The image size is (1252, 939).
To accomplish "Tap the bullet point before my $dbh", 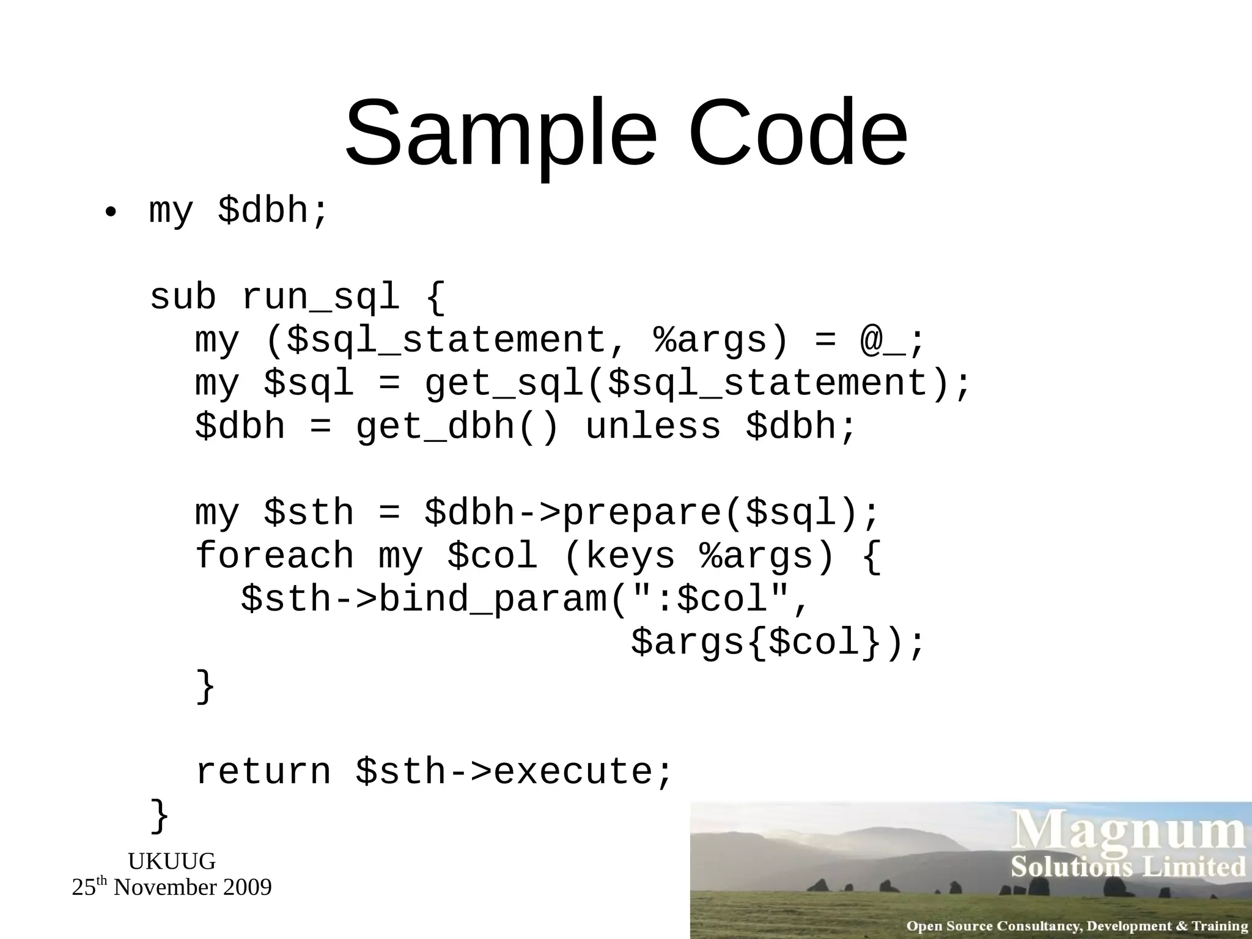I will [110, 213].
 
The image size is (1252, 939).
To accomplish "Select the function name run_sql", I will [320, 298].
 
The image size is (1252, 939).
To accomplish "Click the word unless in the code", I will [652, 427].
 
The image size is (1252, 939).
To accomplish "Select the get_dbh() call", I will [457, 427].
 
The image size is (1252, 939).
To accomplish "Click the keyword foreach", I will [274, 556].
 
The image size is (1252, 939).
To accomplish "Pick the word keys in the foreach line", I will [630, 556].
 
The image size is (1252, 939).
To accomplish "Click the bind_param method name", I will [493, 599].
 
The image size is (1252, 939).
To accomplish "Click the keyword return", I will [263, 772].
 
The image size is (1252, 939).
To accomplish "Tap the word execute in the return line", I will [573, 772].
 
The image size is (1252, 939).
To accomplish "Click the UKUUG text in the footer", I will [172, 861].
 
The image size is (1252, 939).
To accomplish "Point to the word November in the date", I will [164, 888].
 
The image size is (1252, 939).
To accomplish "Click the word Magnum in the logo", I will [1128, 833].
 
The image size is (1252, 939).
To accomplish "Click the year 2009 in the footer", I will [247, 888].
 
